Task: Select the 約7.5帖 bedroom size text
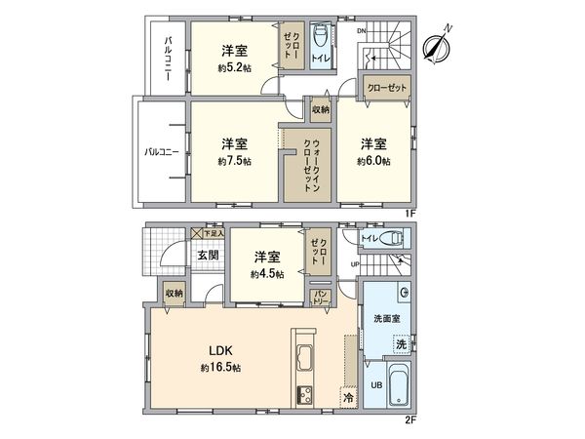[234, 161]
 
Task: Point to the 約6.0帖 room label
[372, 161]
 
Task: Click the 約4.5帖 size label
[266, 275]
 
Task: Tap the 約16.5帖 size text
[220, 368]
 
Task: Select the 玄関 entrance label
[208, 256]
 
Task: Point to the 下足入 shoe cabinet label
[214, 234]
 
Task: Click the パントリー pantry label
[320, 296]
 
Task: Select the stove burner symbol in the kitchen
[303, 395]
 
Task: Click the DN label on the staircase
[361, 31]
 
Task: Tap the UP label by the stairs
[355, 264]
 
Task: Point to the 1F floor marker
[412, 212]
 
